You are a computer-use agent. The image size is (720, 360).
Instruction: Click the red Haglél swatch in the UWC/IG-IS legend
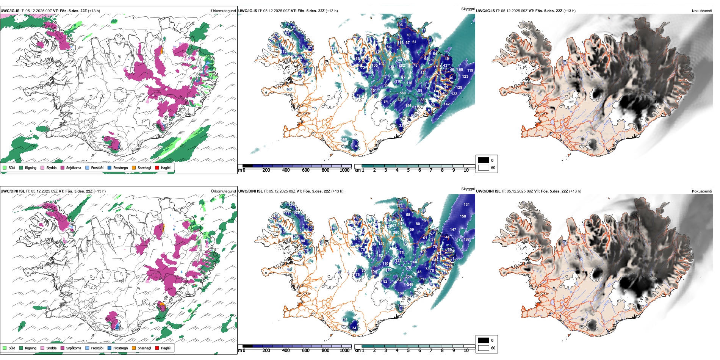pyautogui.click(x=157, y=167)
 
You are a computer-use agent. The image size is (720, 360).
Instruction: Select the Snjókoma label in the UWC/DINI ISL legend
pyautogui.click(x=74, y=348)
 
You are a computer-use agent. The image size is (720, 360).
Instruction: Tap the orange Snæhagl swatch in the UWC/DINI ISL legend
pyautogui.click(x=134, y=348)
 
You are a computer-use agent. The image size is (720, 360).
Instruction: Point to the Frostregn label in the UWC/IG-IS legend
pyautogui.click(x=121, y=167)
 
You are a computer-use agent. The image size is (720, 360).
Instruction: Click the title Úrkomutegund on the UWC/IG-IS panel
pyautogui.click(x=223, y=11)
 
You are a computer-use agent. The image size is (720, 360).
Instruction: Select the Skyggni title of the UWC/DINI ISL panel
pyautogui.click(x=468, y=189)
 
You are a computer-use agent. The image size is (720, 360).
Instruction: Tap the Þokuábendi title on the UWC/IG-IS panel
pyautogui.click(x=702, y=11)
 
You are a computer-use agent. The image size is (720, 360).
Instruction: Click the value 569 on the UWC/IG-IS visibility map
pyautogui.click(x=402, y=93)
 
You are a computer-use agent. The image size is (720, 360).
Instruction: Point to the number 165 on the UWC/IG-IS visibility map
pyautogui.click(x=460, y=70)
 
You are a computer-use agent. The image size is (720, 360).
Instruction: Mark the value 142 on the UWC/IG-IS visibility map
pyautogui.click(x=446, y=104)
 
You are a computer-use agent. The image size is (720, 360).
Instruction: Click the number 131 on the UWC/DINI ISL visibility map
pyautogui.click(x=466, y=205)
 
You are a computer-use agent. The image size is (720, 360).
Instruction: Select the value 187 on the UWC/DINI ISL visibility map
pyautogui.click(x=466, y=239)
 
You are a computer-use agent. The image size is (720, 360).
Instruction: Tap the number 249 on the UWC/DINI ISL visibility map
pyautogui.click(x=410, y=285)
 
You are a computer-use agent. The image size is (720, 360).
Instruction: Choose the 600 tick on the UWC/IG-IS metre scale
pyautogui.click(x=306, y=170)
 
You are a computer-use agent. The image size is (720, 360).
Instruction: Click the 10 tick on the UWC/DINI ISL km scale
pyautogui.click(x=466, y=351)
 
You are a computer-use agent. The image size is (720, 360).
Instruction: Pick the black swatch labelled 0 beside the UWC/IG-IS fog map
pyautogui.click(x=484, y=160)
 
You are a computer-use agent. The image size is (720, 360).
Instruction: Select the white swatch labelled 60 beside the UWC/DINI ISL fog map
pyautogui.click(x=484, y=348)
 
